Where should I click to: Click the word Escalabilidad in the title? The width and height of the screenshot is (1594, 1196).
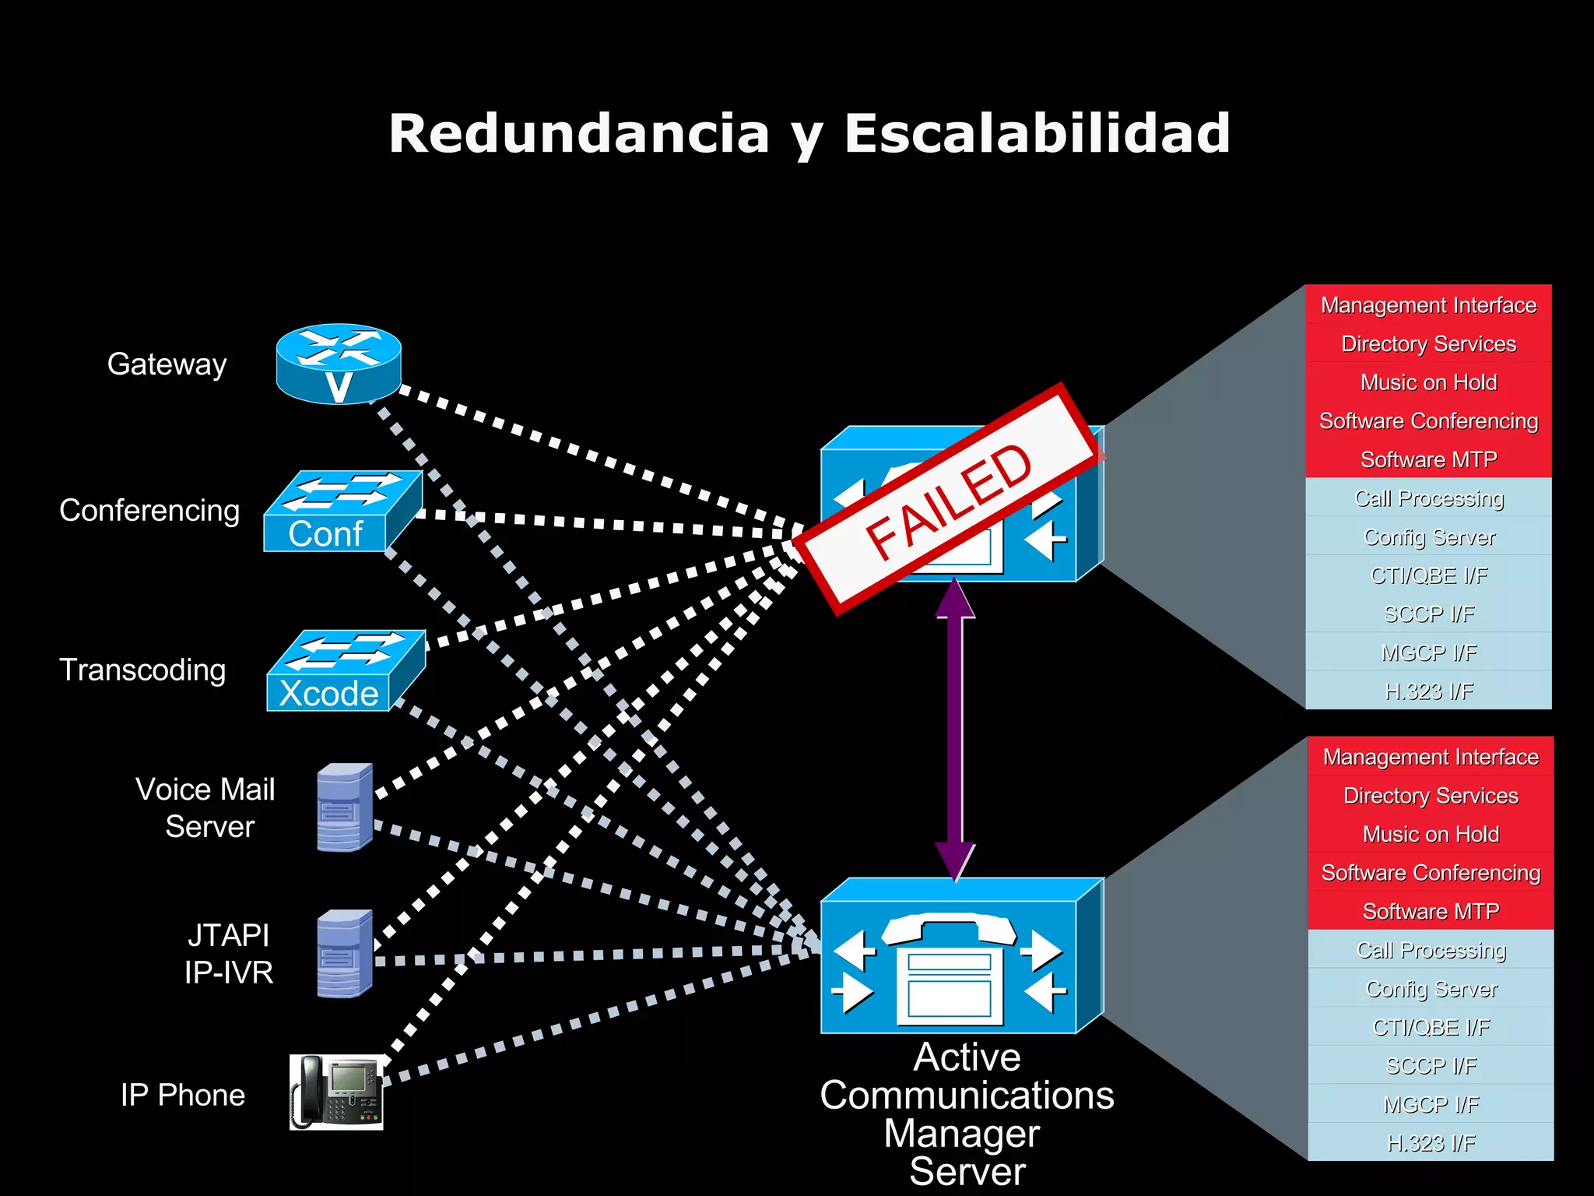[1037, 134]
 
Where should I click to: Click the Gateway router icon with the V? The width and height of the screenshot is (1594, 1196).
[339, 364]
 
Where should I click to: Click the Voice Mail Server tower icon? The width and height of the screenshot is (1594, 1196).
[345, 807]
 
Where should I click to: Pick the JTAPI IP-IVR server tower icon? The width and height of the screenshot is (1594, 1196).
[345, 954]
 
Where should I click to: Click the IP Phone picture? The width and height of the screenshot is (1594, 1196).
[336, 1092]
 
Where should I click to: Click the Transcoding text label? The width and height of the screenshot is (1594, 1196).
[142, 670]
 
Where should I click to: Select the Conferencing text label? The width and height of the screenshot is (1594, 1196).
[149, 511]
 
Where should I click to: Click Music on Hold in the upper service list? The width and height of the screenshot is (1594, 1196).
[1428, 382]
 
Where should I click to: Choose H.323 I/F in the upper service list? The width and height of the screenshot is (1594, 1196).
[1428, 691]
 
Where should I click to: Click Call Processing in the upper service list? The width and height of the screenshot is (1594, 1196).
[1428, 498]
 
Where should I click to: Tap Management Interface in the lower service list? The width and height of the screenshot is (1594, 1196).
[1431, 757]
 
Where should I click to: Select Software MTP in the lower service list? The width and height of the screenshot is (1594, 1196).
[1431, 911]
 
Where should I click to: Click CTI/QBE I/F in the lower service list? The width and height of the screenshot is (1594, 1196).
[1431, 1027]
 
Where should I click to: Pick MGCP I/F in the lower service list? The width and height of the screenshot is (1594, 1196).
[1431, 1104]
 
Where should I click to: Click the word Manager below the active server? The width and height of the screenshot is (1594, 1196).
[962, 1134]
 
